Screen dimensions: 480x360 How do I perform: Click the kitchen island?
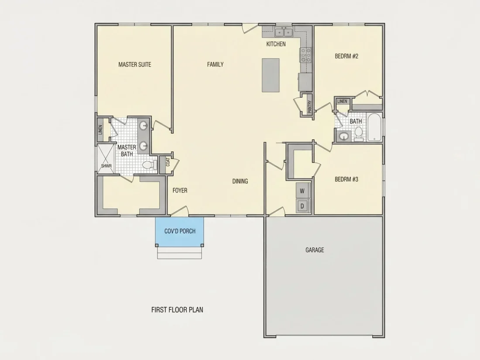coord(271,75)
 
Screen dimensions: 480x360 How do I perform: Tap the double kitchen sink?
coord(284,31)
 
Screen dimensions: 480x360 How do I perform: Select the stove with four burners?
coord(305,55)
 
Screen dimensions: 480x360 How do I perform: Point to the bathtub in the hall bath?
coord(374,127)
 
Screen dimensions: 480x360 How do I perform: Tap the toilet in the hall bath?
coord(358,134)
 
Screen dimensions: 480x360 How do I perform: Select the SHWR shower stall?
coord(106,158)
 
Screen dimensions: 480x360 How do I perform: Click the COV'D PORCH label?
coord(180,231)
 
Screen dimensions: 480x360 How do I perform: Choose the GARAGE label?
coord(315,250)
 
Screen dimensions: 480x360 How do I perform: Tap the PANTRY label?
coord(309,107)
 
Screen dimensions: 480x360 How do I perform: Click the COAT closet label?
coord(168,162)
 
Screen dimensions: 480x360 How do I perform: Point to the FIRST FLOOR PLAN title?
coord(177,310)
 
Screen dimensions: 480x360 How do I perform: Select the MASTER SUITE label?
coord(135,64)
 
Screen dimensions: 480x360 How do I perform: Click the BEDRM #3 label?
coord(346,179)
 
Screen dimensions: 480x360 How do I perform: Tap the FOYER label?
coord(180,190)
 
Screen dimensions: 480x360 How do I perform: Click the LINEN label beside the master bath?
coord(100,130)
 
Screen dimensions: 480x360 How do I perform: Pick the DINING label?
coord(240,181)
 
